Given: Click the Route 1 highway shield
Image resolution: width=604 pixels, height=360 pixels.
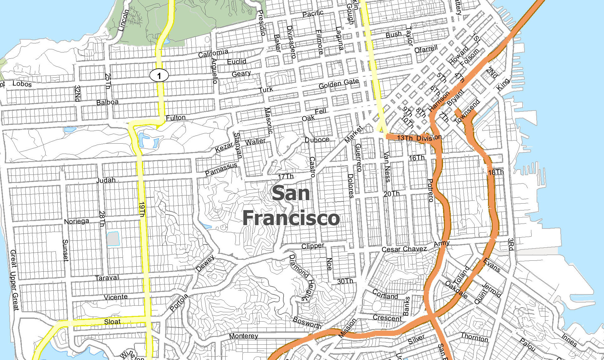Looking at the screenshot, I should coord(159,75).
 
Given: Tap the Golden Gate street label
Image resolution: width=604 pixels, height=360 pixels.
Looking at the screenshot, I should coord(339,84).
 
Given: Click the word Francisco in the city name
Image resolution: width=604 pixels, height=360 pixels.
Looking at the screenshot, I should coord(291,218).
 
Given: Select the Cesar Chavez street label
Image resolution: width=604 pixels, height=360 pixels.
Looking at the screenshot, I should coord(404,249).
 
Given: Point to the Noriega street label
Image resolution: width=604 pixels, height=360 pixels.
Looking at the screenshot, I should coord(76,221).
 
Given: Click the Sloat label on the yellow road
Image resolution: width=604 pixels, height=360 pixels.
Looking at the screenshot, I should coord(112,322).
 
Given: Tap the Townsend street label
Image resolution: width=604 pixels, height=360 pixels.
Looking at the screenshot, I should coord(467,112).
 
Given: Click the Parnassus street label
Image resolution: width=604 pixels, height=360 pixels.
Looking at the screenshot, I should coord(221,169).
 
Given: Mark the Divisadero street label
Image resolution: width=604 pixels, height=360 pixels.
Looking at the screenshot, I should coord(291,42).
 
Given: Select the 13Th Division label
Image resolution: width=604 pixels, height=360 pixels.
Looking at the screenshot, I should coord(419,138).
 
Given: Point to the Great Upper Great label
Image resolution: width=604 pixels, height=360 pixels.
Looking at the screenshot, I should coord(14,280).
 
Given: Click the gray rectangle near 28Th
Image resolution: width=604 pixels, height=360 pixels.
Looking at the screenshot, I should coord(113,239).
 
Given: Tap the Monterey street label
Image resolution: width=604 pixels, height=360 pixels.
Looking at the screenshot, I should coord(243,336).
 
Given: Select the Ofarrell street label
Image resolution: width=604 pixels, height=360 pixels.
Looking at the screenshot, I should coord(426,49).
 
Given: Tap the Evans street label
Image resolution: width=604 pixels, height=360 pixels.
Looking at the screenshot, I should coord(492,265).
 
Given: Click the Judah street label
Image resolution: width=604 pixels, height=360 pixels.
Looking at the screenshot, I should coord(106,180).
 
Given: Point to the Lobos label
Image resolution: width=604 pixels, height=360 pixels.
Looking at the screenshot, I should coord(22,84).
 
